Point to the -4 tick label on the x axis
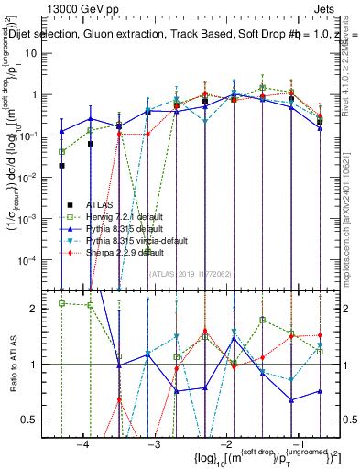point(83,443)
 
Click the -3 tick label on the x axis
point(154,443)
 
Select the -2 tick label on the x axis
point(224,443)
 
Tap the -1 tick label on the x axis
point(295,443)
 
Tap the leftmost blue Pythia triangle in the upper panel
point(61,131)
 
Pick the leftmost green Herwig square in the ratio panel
point(61,303)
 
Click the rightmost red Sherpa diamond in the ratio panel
point(320,335)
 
